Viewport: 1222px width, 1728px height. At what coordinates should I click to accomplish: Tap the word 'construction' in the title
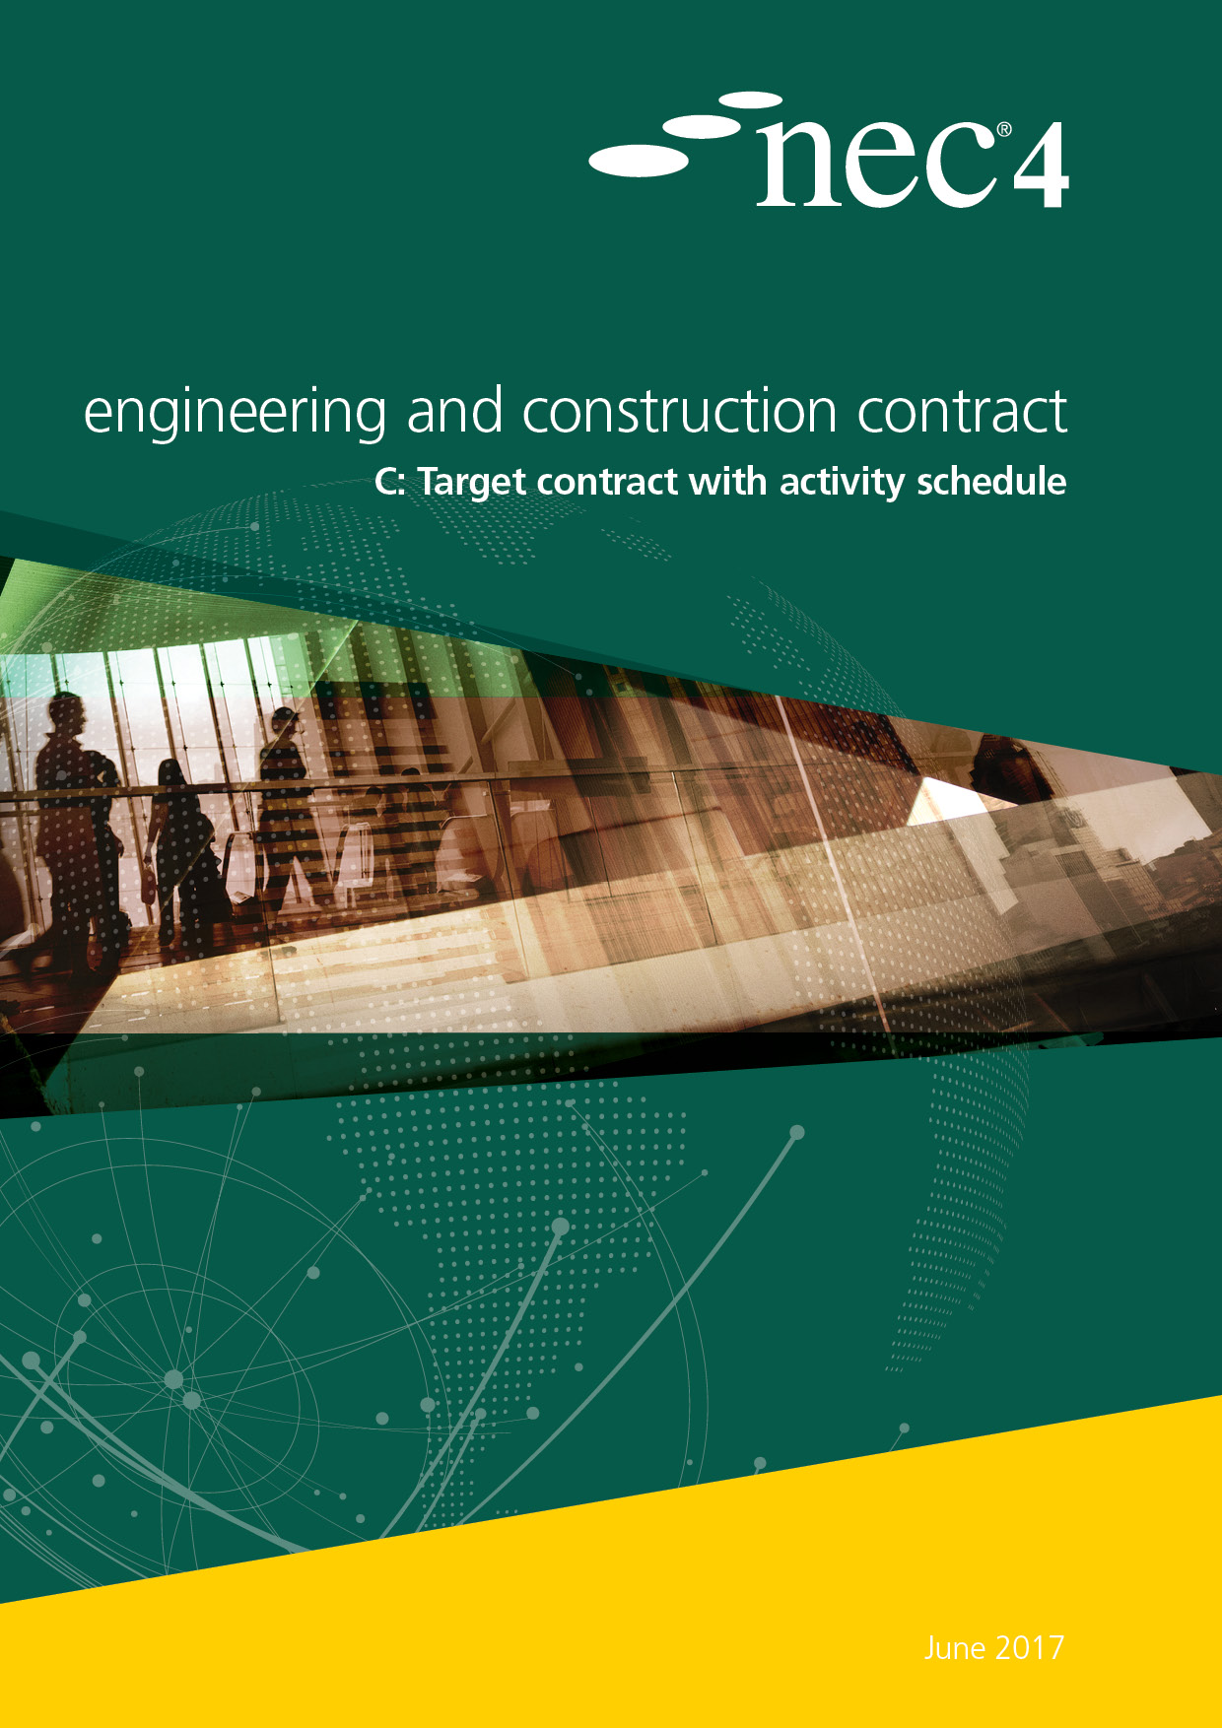tap(679, 411)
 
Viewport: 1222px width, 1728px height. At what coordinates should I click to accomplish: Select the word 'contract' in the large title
tap(961, 411)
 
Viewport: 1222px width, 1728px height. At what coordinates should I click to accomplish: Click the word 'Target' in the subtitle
tap(471, 483)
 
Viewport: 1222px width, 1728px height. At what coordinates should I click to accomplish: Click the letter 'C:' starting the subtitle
tap(389, 483)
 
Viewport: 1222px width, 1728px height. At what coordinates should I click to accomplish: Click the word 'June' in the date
tap(955, 1648)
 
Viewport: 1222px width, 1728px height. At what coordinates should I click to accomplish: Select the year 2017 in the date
tap(1030, 1648)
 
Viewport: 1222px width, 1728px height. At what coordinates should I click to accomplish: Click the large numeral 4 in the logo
tap(1041, 166)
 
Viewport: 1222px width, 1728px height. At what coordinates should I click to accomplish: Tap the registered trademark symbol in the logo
tap(1004, 130)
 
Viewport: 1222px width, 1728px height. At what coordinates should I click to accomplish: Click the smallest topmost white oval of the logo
tap(750, 100)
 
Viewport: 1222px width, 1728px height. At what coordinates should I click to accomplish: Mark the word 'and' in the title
tap(454, 411)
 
